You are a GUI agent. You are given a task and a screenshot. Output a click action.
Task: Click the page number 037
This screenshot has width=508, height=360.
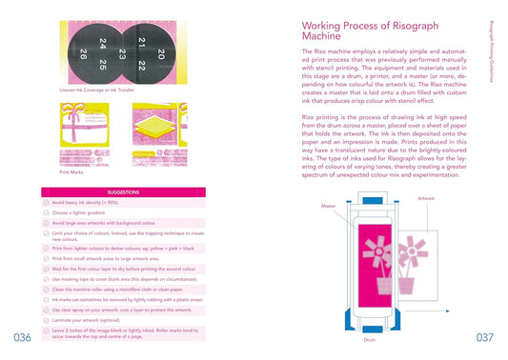(x=484, y=337)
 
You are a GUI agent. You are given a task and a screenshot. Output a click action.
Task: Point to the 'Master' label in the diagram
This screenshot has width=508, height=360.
(x=327, y=204)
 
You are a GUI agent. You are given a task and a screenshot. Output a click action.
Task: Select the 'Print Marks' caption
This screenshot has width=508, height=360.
(x=72, y=172)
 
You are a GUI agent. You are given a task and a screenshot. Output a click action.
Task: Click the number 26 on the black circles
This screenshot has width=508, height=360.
(x=84, y=53)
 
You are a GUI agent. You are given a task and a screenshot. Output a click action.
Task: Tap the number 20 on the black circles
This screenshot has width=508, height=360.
(x=161, y=54)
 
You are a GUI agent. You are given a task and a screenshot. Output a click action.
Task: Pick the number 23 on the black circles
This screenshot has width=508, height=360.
(x=123, y=55)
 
